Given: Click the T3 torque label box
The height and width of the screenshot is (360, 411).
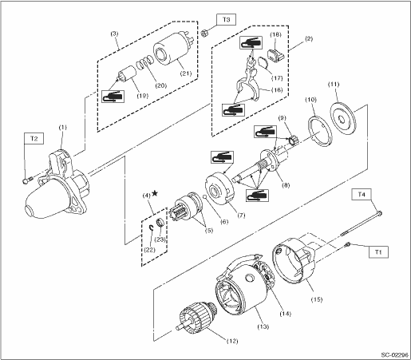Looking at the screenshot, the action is [x=226, y=20].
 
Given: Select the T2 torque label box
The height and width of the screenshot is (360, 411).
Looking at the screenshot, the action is [x=34, y=139].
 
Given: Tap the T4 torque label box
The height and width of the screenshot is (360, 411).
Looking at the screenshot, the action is [x=361, y=194].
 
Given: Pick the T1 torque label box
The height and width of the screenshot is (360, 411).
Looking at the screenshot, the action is [x=378, y=252].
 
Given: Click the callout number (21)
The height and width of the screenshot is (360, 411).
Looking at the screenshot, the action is [x=186, y=73].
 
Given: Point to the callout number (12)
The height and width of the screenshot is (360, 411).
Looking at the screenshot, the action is [x=232, y=341].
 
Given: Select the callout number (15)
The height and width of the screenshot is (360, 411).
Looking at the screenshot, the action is [x=317, y=299].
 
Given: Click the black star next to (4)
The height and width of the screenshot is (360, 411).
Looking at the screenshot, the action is [x=155, y=193].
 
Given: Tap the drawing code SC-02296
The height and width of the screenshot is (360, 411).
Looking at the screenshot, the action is [x=394, y=355].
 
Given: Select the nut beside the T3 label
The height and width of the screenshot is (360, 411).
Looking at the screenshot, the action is [x=204, y=34].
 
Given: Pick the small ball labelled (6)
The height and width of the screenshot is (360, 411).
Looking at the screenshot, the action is [x=204, y=196].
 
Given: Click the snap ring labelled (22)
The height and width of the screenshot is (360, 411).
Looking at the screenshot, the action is [x=151, y=227].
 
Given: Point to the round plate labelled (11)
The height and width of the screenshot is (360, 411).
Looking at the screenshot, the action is [x=342, y=118].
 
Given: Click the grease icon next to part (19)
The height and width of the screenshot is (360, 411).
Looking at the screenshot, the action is [x=113, y=97].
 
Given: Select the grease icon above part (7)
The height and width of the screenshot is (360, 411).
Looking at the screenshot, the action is [x=222, y=157].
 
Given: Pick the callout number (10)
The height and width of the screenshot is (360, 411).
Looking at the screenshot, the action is [x=310, y=100].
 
